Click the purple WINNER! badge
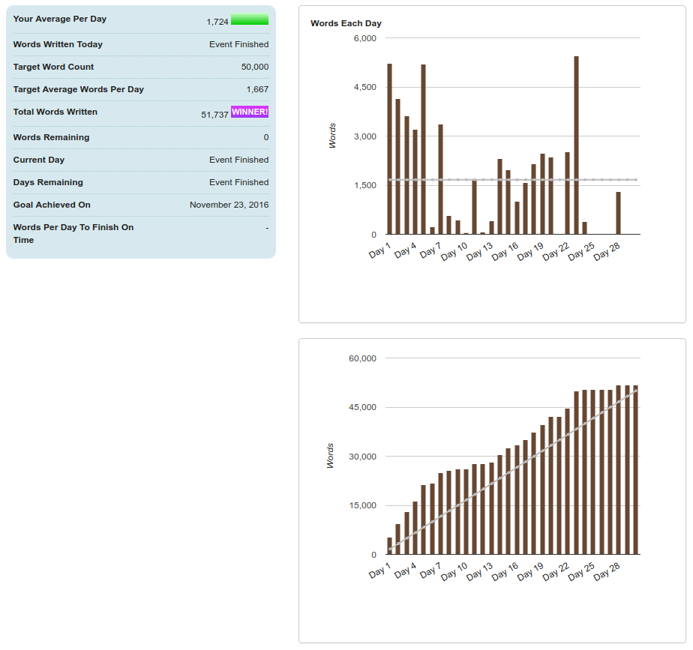[250, 112]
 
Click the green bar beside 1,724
[250, 19]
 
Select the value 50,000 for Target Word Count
[255, 67]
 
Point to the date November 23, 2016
[229, 205]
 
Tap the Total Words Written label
[55, 112]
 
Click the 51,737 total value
[215, 115]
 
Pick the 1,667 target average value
[257, 90]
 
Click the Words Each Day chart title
[346, 23]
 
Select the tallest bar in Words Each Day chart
[576, 145]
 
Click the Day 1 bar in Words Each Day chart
[389, 148]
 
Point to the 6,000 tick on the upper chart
[364, 38]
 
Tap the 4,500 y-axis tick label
[364, 88]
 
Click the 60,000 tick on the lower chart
[362, 358]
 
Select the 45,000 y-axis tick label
[362, 408]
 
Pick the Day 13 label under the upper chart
[481, 251]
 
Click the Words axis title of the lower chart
[331, 456]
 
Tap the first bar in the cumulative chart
[389, 546]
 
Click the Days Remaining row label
[48, 183]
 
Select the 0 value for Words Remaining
[265, 138]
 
